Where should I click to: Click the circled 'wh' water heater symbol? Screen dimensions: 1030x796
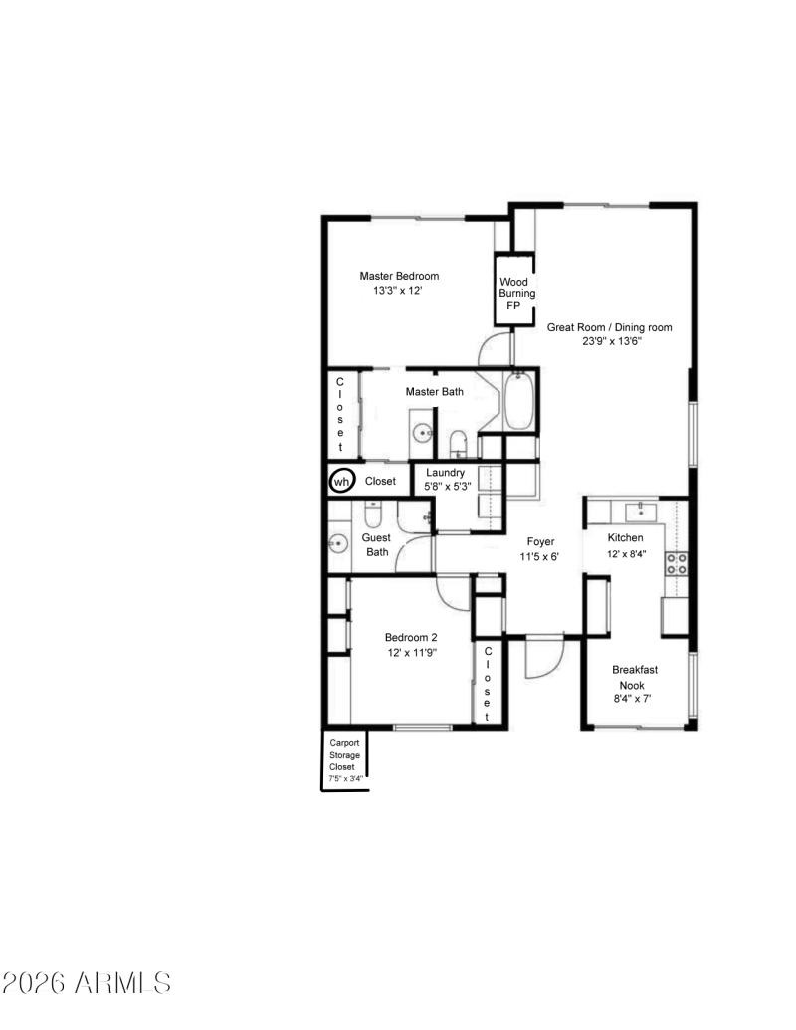pyautogui.click(x=341, y=481)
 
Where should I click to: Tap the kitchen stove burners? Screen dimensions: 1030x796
pyautogui.click(x=676, y=564)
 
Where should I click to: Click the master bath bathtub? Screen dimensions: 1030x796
pyautogui.click(x=519, y=404)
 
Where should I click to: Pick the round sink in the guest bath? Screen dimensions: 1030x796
pyautogui.click(x=338, y=544)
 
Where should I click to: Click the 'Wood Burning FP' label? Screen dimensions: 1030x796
pyautogui.click(x=516, y=294)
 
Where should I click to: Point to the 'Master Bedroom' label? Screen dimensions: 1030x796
pyautogui.click(x=399, y=276)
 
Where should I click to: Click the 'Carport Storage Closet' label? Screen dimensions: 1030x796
pyautogui.click(x=345, y=760)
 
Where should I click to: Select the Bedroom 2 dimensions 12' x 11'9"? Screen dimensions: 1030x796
pyautogui.click(x=410, y=652)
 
